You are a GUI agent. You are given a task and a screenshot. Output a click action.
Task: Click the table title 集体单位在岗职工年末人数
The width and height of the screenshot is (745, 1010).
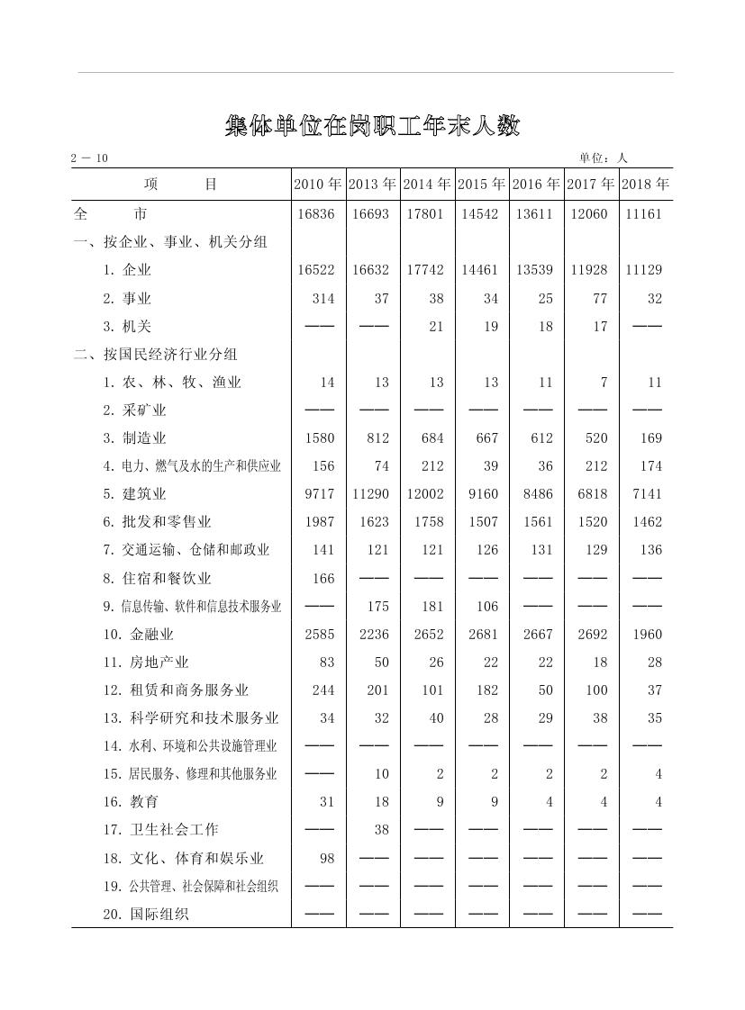coord(372,126)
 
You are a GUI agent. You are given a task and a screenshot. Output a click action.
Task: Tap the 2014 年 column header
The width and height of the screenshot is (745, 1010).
coord(428,185)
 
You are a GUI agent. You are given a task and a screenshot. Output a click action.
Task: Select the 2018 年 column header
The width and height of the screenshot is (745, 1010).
coord(645,185)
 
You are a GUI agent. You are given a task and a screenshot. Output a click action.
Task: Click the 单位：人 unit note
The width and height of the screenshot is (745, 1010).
coord(603,158)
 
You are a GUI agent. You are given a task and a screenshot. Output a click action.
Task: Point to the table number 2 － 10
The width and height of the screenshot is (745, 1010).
coord(90,158)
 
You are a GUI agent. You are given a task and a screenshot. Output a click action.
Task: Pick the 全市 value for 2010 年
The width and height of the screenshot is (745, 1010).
coord(314,215)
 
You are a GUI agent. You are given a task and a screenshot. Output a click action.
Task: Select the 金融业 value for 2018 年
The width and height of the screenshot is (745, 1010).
coord(646,634)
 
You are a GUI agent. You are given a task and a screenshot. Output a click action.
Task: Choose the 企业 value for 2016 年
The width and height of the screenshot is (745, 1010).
coord(535,270)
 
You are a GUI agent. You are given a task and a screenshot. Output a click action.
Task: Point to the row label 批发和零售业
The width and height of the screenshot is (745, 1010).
coord(157,522)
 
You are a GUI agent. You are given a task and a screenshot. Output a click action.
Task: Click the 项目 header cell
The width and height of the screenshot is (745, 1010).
coord(181,185)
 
